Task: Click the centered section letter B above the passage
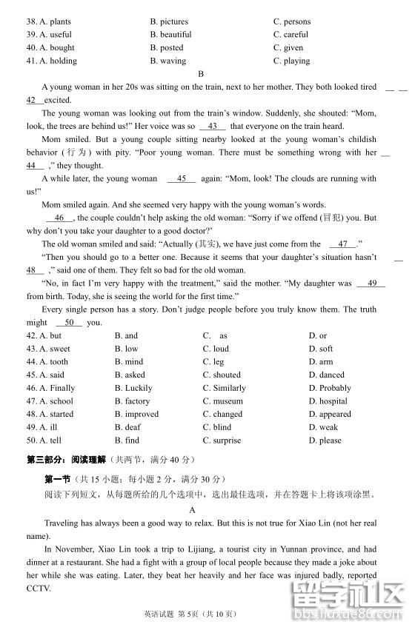[x=201, y=73]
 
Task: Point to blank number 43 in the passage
[x=213, y=126]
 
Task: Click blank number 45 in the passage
[x=182, y=178]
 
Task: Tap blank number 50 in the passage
[x=69, y=322]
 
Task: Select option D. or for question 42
[x=318, y=335]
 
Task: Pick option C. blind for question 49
[x=217, y=427]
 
